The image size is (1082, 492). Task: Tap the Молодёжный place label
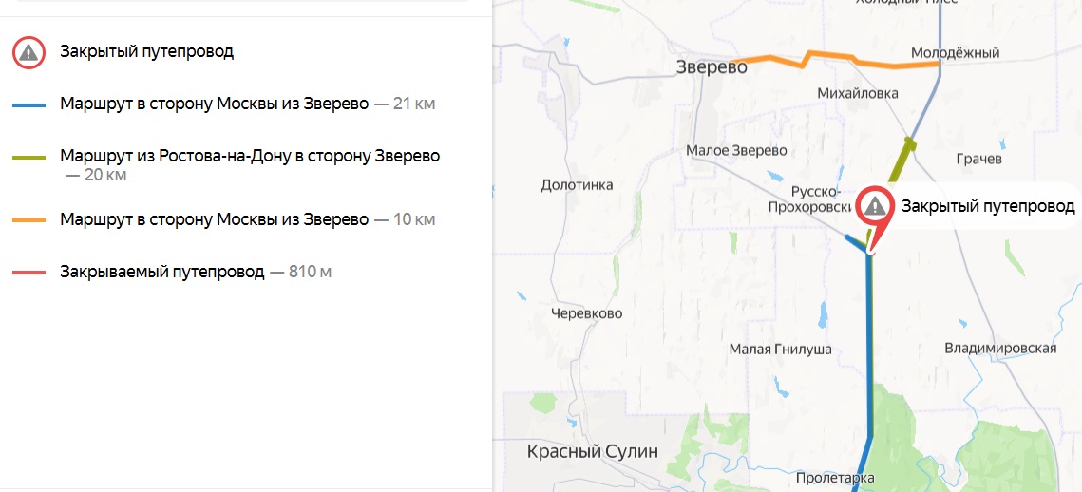click(955, 53)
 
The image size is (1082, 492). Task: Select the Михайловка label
click(858, 93)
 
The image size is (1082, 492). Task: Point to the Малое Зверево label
click(736, 151)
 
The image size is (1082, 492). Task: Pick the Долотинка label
click(577, 185)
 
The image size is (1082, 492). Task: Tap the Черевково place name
click(587, 312)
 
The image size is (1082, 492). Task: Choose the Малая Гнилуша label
click(780, 350)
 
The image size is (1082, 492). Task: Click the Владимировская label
click(1000, 349)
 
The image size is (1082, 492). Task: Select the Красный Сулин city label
click(592, 452)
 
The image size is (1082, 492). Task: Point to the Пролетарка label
click(835, 478)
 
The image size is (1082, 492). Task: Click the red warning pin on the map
click(874, 207)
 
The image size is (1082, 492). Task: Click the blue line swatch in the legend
click(29, 104)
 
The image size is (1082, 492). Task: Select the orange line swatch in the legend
click(29, 220)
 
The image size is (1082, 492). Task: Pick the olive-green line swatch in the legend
click(29, 156)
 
